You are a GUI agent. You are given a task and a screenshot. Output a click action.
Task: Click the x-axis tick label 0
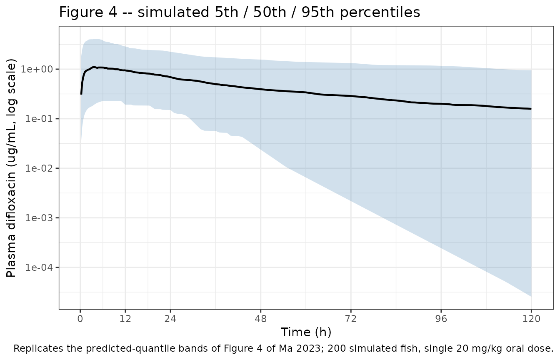point(80,319)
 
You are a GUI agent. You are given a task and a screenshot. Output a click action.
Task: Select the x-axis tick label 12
point(125,319)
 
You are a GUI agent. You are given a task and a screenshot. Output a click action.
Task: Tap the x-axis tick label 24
point(170,319)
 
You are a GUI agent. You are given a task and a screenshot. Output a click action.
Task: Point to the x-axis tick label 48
point(261,319)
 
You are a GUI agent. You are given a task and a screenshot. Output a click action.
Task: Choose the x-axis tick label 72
point(351,319)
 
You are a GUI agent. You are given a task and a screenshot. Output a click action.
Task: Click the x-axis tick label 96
point(441,319)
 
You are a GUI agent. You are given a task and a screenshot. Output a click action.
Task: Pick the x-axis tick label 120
point(532,319)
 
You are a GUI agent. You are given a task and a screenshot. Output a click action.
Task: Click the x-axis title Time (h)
point(306,332)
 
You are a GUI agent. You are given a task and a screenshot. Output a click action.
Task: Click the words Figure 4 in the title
point(88,12)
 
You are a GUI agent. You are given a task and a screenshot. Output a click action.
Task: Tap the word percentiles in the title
point(380,12)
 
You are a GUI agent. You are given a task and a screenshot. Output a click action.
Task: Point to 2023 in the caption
point(311,348)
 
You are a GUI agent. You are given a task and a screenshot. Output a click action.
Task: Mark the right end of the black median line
point(531,109)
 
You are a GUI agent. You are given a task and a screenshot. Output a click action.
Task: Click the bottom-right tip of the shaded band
point(531,297)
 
